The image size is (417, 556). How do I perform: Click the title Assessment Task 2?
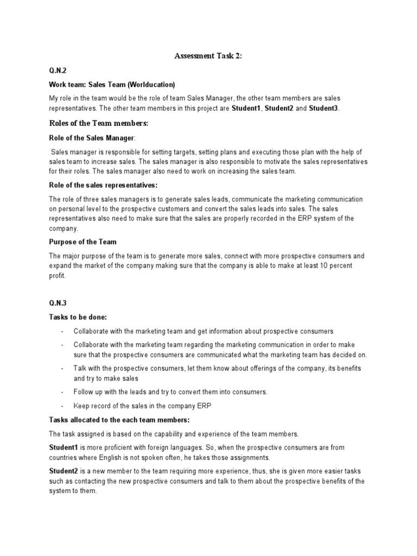click(x=208, y=56)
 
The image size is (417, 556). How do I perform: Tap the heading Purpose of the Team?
click(x=83, y=242)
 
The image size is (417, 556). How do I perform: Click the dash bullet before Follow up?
click(x=62, y=392)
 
